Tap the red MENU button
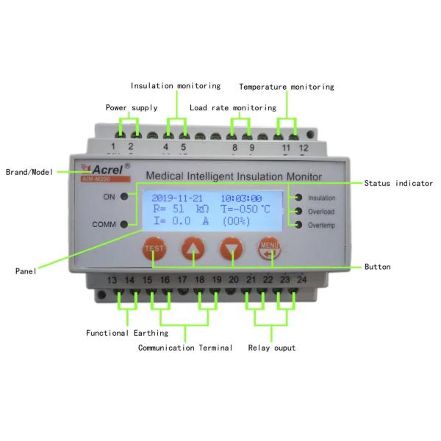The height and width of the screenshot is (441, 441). tap(268, 249)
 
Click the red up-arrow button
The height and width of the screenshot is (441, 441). tap(193, 249)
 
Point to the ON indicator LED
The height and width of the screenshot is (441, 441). tap(126, 196)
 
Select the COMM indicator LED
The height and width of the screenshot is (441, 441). tap(126, 224)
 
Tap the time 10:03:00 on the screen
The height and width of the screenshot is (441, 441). tap(242, 198)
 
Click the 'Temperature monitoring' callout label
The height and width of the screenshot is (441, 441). tap(287, 87)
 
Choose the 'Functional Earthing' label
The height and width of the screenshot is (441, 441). tap(128, 333)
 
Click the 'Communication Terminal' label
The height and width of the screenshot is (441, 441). tap(185, 348)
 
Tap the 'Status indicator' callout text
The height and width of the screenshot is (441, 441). tap(399, 183)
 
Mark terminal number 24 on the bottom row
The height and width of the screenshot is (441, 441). tap(301, 281)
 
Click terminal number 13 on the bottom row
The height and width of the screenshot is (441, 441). tap(112, 281)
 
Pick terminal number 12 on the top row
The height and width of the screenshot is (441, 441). tap(304, 148)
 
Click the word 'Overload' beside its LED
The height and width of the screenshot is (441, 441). tap(321, 212)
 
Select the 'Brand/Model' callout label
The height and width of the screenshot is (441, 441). tap(29, 172)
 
